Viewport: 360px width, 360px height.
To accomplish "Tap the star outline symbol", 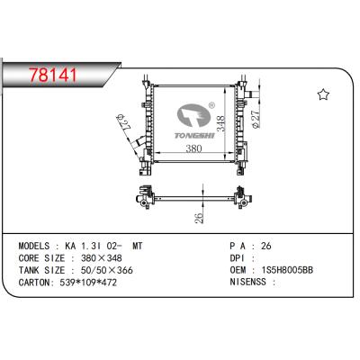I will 324,95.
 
